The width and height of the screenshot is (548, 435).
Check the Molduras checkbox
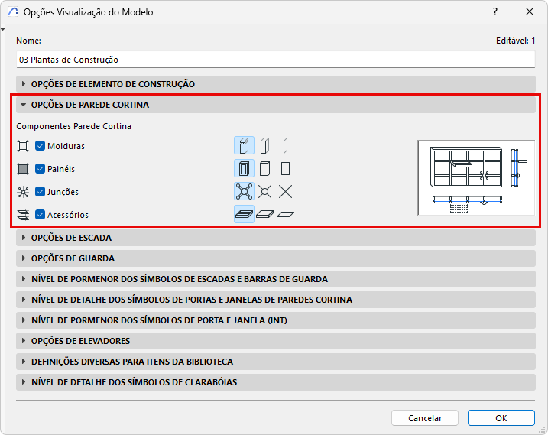[40, 146]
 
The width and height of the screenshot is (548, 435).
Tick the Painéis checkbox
[40, 169]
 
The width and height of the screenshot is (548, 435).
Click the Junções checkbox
[40, 192]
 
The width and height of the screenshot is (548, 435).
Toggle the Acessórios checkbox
[40, 214]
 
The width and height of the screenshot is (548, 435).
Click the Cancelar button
[425, 418]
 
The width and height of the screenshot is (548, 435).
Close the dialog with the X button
[530, 12]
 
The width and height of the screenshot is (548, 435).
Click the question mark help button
[495, 12]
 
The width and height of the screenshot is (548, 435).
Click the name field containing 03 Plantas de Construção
[275, 60]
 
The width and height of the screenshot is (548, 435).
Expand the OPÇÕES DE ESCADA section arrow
[24, 238]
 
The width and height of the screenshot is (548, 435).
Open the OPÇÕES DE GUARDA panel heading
[73, 258]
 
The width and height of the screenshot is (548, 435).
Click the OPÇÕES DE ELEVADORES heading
[80, 341]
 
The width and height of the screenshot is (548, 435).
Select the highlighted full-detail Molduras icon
[244, 145]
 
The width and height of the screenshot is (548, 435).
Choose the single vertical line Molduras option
[306, 145]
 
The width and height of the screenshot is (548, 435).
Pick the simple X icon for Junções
[286, 192]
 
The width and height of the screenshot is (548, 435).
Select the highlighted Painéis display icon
[244, 168]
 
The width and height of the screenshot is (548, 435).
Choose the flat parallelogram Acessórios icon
[286, 214]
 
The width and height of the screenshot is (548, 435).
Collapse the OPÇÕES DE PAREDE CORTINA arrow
[24, 105]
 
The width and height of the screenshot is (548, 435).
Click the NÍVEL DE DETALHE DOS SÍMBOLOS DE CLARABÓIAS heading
[135, 382]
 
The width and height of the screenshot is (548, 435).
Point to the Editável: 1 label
[515, 41]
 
